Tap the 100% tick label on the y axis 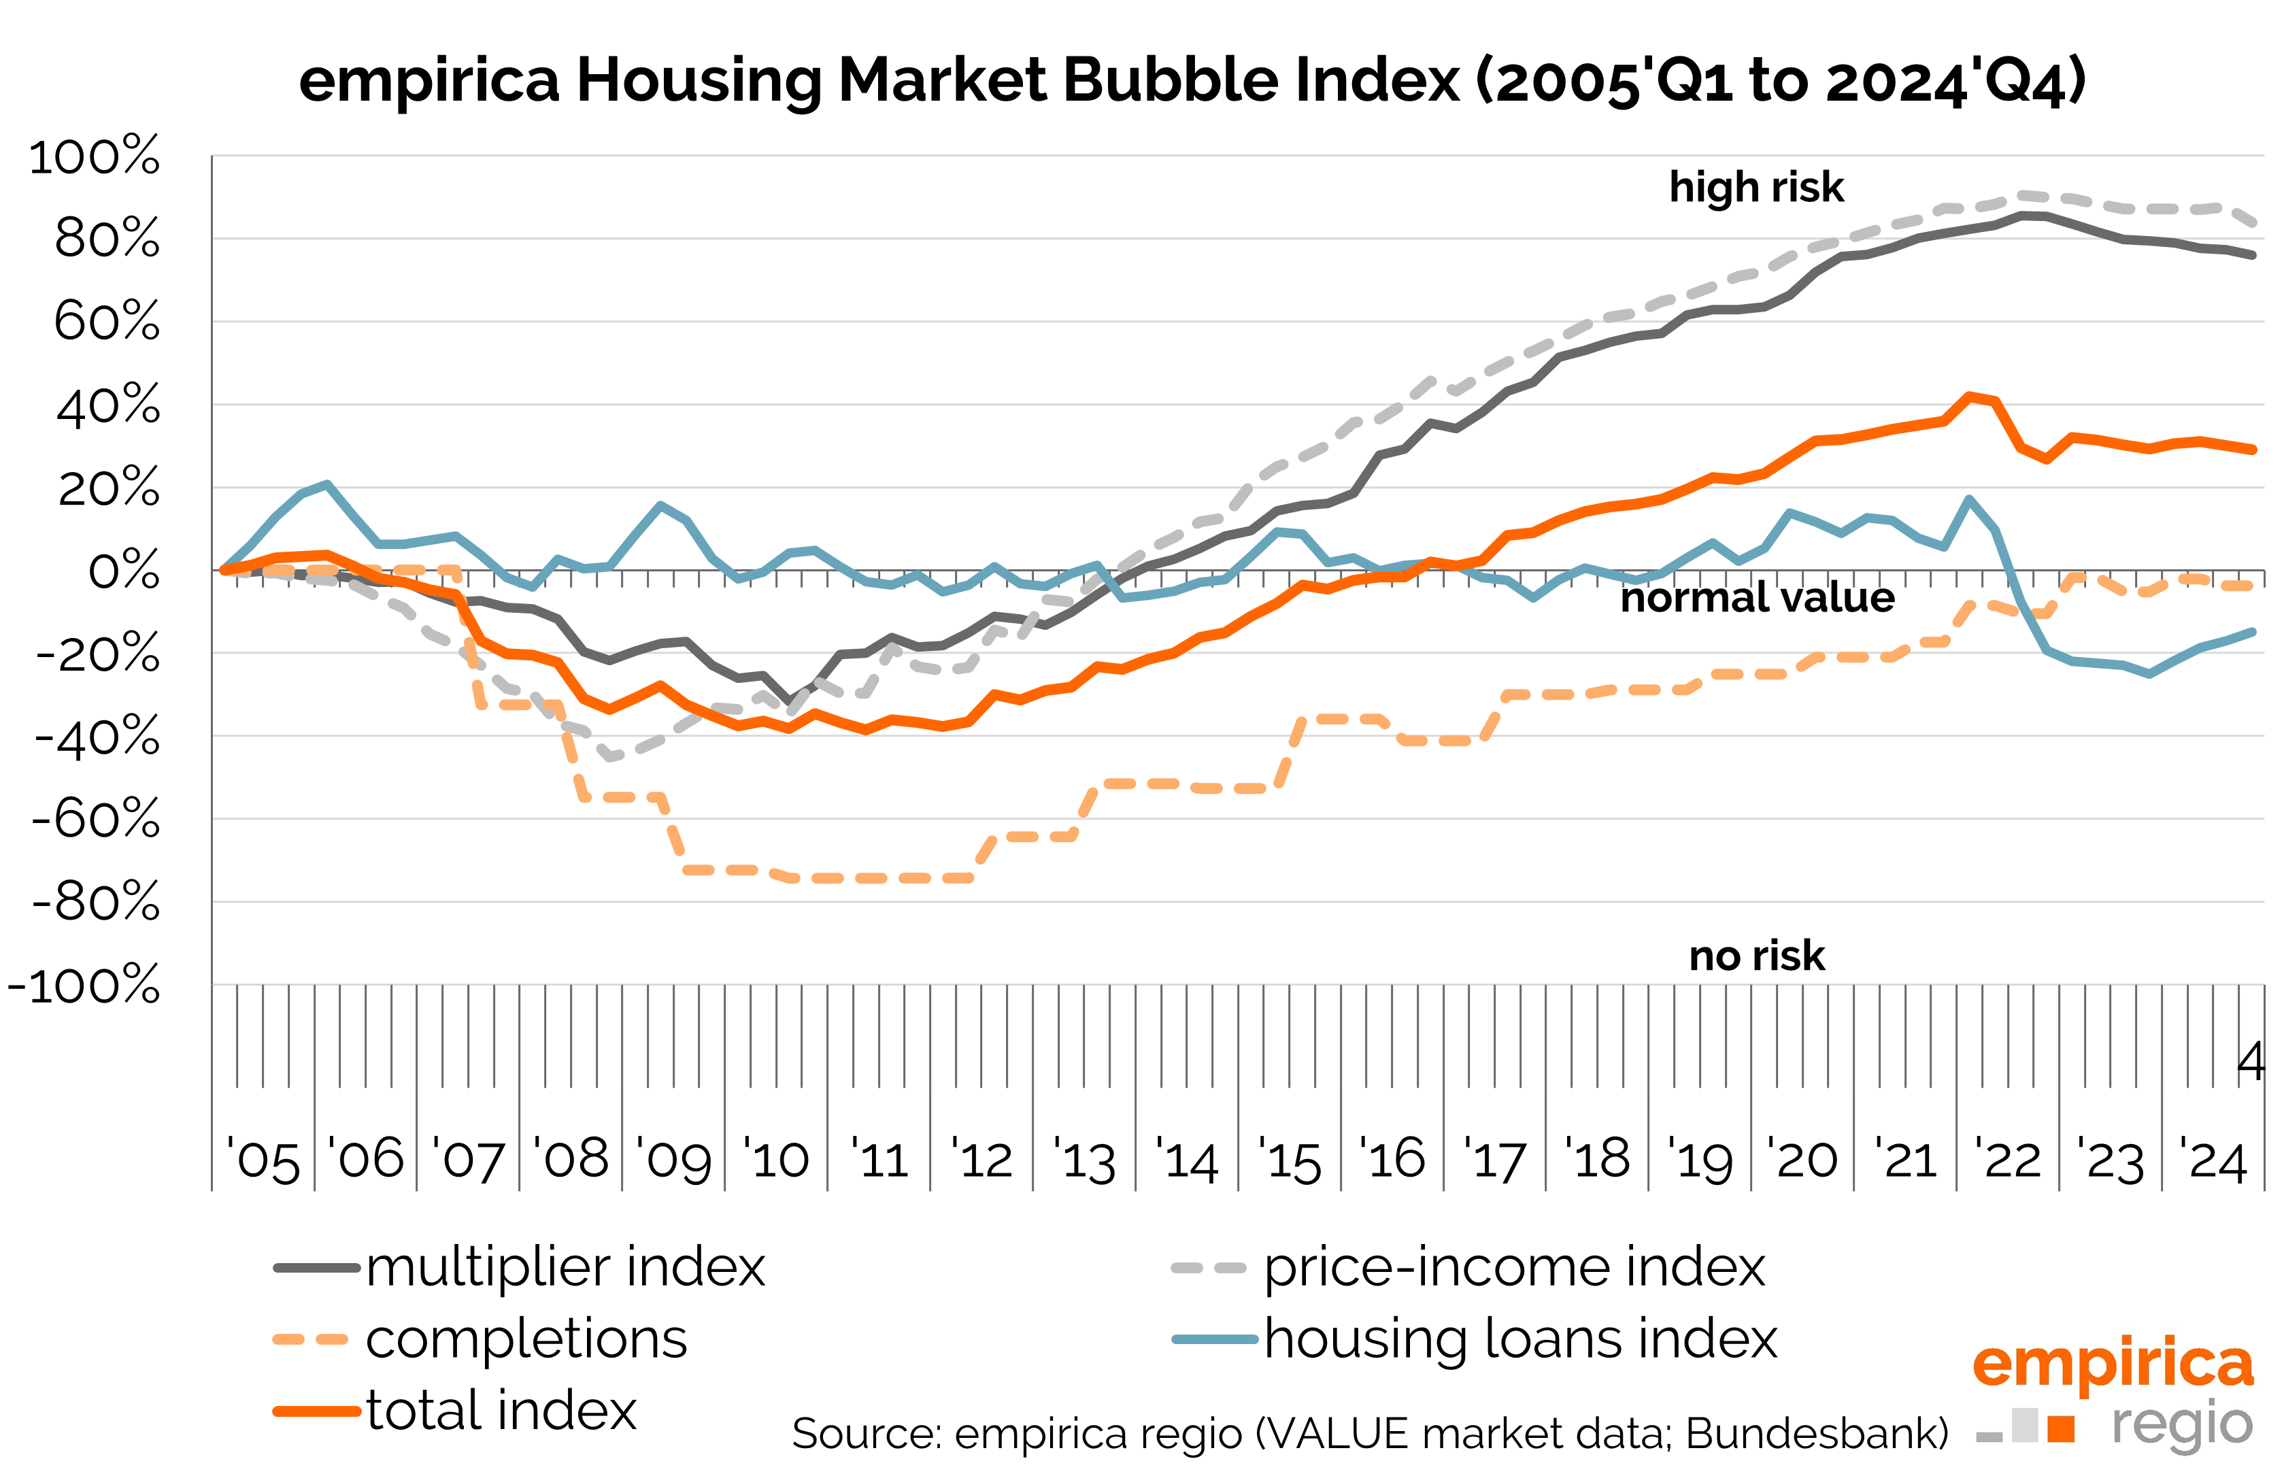click(94, 156)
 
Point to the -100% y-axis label click(84, 986)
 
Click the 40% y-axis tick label click(108, 405)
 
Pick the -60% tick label click(96, 820)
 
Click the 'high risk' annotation click(1756, 187)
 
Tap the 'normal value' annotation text click(1757, 598)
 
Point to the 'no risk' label click(1756, 956)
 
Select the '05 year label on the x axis click(263, 1160)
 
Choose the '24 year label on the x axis click(2213, 1160)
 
